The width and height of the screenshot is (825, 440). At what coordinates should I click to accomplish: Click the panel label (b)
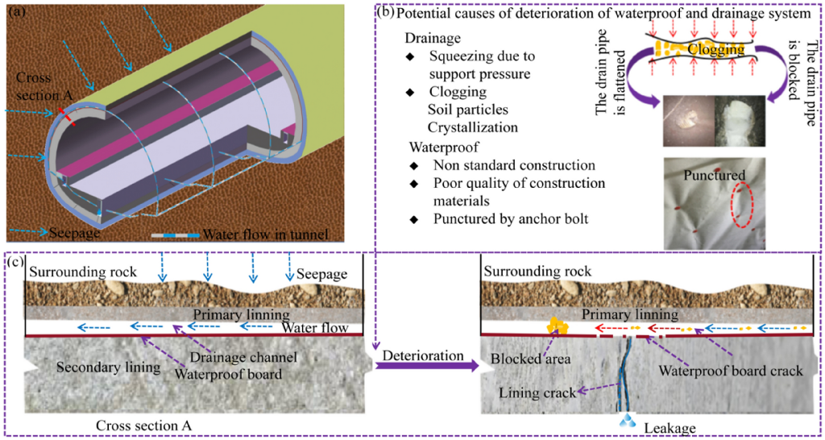point(385,14)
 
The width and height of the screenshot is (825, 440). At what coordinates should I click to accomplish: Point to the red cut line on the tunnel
point(66,114)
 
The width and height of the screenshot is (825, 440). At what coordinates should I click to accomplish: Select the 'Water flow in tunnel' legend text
point(266,235)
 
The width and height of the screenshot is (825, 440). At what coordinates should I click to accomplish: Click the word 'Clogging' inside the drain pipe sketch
point(715,50)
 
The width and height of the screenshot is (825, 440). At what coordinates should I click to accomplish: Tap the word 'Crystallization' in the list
point(472,127)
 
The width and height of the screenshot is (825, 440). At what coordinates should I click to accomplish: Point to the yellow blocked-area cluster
point(556,325)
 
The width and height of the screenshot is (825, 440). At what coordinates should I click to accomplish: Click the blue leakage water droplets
point(626,421)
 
